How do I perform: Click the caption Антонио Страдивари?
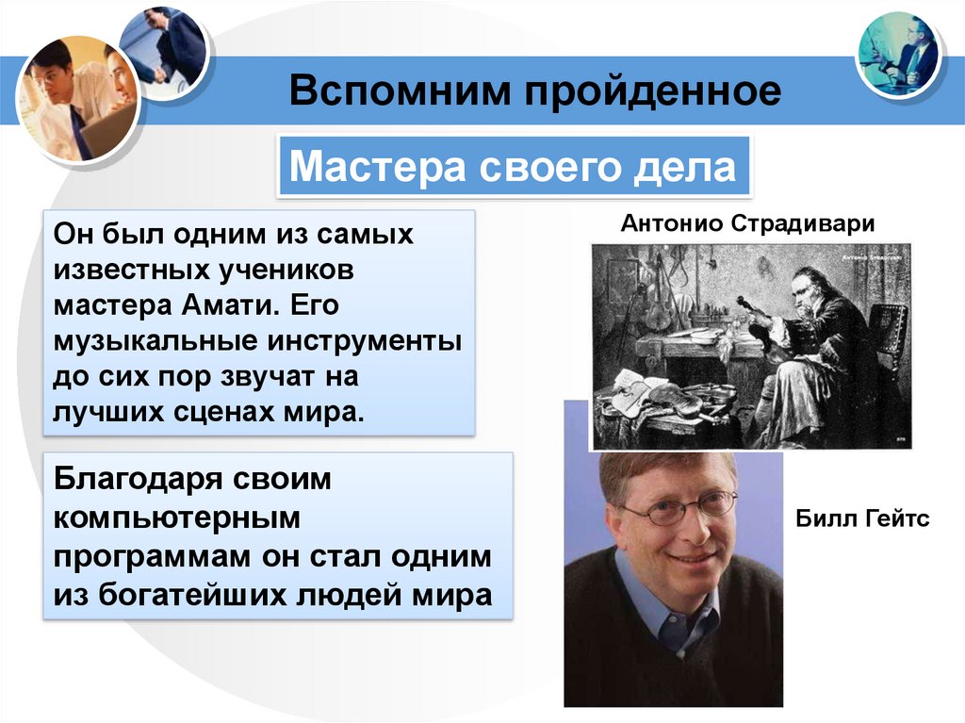[x=748, y=224]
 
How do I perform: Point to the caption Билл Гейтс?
[x=862, y=519]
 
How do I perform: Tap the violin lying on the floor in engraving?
[x=650, y=396]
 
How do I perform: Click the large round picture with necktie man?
[x=77, y=99]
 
